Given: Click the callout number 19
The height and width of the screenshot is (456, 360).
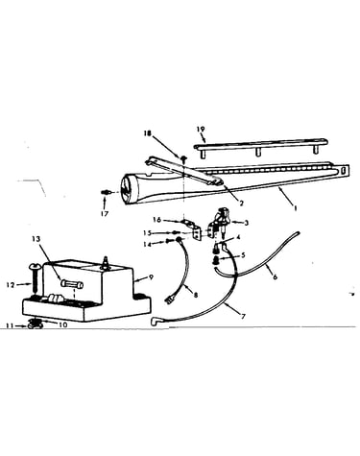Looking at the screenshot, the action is (201, 130).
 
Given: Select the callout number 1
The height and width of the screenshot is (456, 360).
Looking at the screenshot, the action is (296, 208).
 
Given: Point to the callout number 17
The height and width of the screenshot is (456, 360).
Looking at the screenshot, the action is (105, 214).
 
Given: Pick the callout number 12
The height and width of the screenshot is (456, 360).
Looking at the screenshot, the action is (12, 284).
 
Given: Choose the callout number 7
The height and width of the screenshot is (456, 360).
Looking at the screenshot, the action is (243, 317).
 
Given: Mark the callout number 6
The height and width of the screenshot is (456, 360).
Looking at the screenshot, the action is (275, 276).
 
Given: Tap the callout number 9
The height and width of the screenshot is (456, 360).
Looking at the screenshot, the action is (151, 276).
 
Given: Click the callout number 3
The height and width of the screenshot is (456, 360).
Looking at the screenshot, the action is (246, 223).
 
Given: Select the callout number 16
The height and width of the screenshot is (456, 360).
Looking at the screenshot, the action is (157, 220).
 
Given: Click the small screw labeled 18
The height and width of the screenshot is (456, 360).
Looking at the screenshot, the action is (184, 158).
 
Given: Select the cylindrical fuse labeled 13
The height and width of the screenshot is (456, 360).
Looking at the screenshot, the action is (71, 284).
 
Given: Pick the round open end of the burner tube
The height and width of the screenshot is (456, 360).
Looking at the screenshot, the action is (129, 189).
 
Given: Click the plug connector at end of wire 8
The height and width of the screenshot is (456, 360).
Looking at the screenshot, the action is (168, 300).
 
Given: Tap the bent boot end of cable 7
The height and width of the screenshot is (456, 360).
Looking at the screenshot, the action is (155, 322).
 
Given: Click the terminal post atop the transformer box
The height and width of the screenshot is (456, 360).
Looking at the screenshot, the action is (105, 262).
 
